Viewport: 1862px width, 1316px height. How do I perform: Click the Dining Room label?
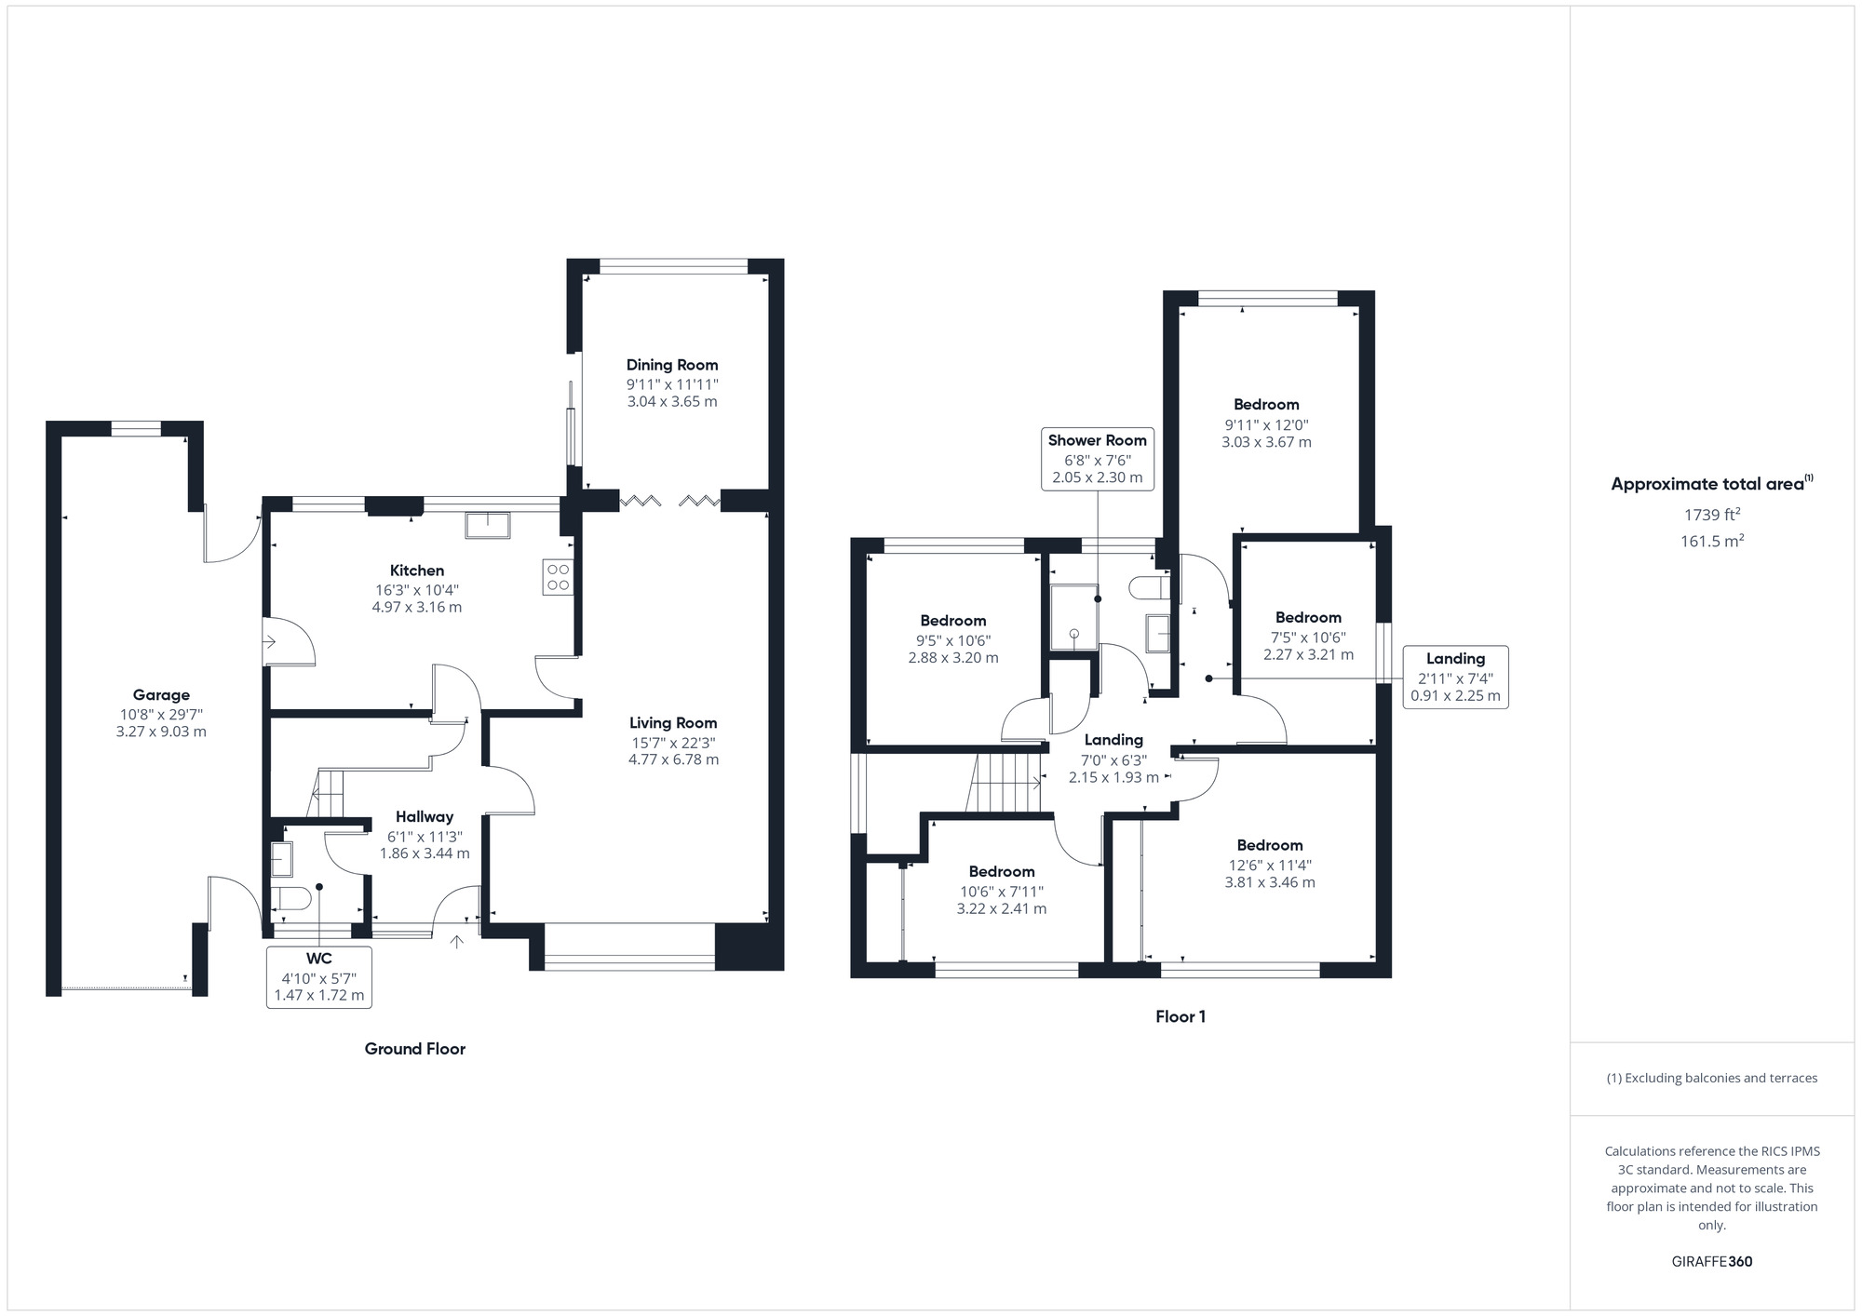tap(671, 365)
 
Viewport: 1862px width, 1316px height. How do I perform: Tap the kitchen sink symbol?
tap(487, 525)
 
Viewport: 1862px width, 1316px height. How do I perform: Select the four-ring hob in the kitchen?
tap(559, 577)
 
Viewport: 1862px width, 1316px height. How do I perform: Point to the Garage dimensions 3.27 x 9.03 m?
tap(161, 732)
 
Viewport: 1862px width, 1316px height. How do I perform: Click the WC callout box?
tap(318, 976)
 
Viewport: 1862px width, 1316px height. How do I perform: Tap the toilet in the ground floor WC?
tap(290, 899)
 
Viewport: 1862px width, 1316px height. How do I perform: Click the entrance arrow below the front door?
tap(457, 942)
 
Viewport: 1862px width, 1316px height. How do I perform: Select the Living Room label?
tap(672, 723)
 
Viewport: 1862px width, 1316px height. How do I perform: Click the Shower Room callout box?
tap(1098, 459)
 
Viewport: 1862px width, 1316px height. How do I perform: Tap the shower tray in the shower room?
tap(1073, 617)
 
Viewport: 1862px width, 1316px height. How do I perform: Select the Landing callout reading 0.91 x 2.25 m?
tap(1455, 677)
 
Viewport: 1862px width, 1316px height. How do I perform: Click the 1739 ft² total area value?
tap(1711, 515)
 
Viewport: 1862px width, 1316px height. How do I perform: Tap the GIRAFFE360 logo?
tap(1711, 1262)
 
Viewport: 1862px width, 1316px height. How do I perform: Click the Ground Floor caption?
tap(414, 1049)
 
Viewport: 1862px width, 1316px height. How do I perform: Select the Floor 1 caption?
tap(1180, 1016)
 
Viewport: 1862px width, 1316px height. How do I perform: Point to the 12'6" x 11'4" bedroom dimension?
tap(1269, 865)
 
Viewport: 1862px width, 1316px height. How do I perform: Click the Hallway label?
tap(424, 817)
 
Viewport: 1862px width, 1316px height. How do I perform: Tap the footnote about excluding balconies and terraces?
tap(1711, 1078)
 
